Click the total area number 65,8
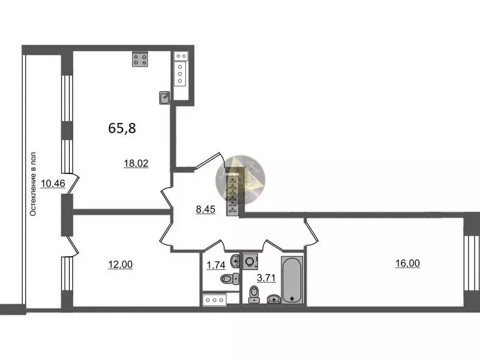point(122,128)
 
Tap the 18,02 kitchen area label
point(136,163)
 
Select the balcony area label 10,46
point(53,184)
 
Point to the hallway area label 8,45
point(205,209)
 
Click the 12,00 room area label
point(121,264)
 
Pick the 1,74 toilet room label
point(216,265)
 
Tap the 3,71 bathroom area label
point(266,278)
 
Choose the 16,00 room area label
point(407,263)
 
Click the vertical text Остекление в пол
point(33,184)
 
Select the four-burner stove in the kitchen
point(140,59)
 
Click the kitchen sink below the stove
point(164,98)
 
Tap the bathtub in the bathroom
point(292,280)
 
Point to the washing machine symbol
point(250,262)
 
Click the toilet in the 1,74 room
point(230,278)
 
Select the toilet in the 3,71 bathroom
point(254,294)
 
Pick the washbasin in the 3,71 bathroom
point(274,299)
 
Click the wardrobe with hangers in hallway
point(232,196)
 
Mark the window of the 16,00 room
point(472,263)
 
